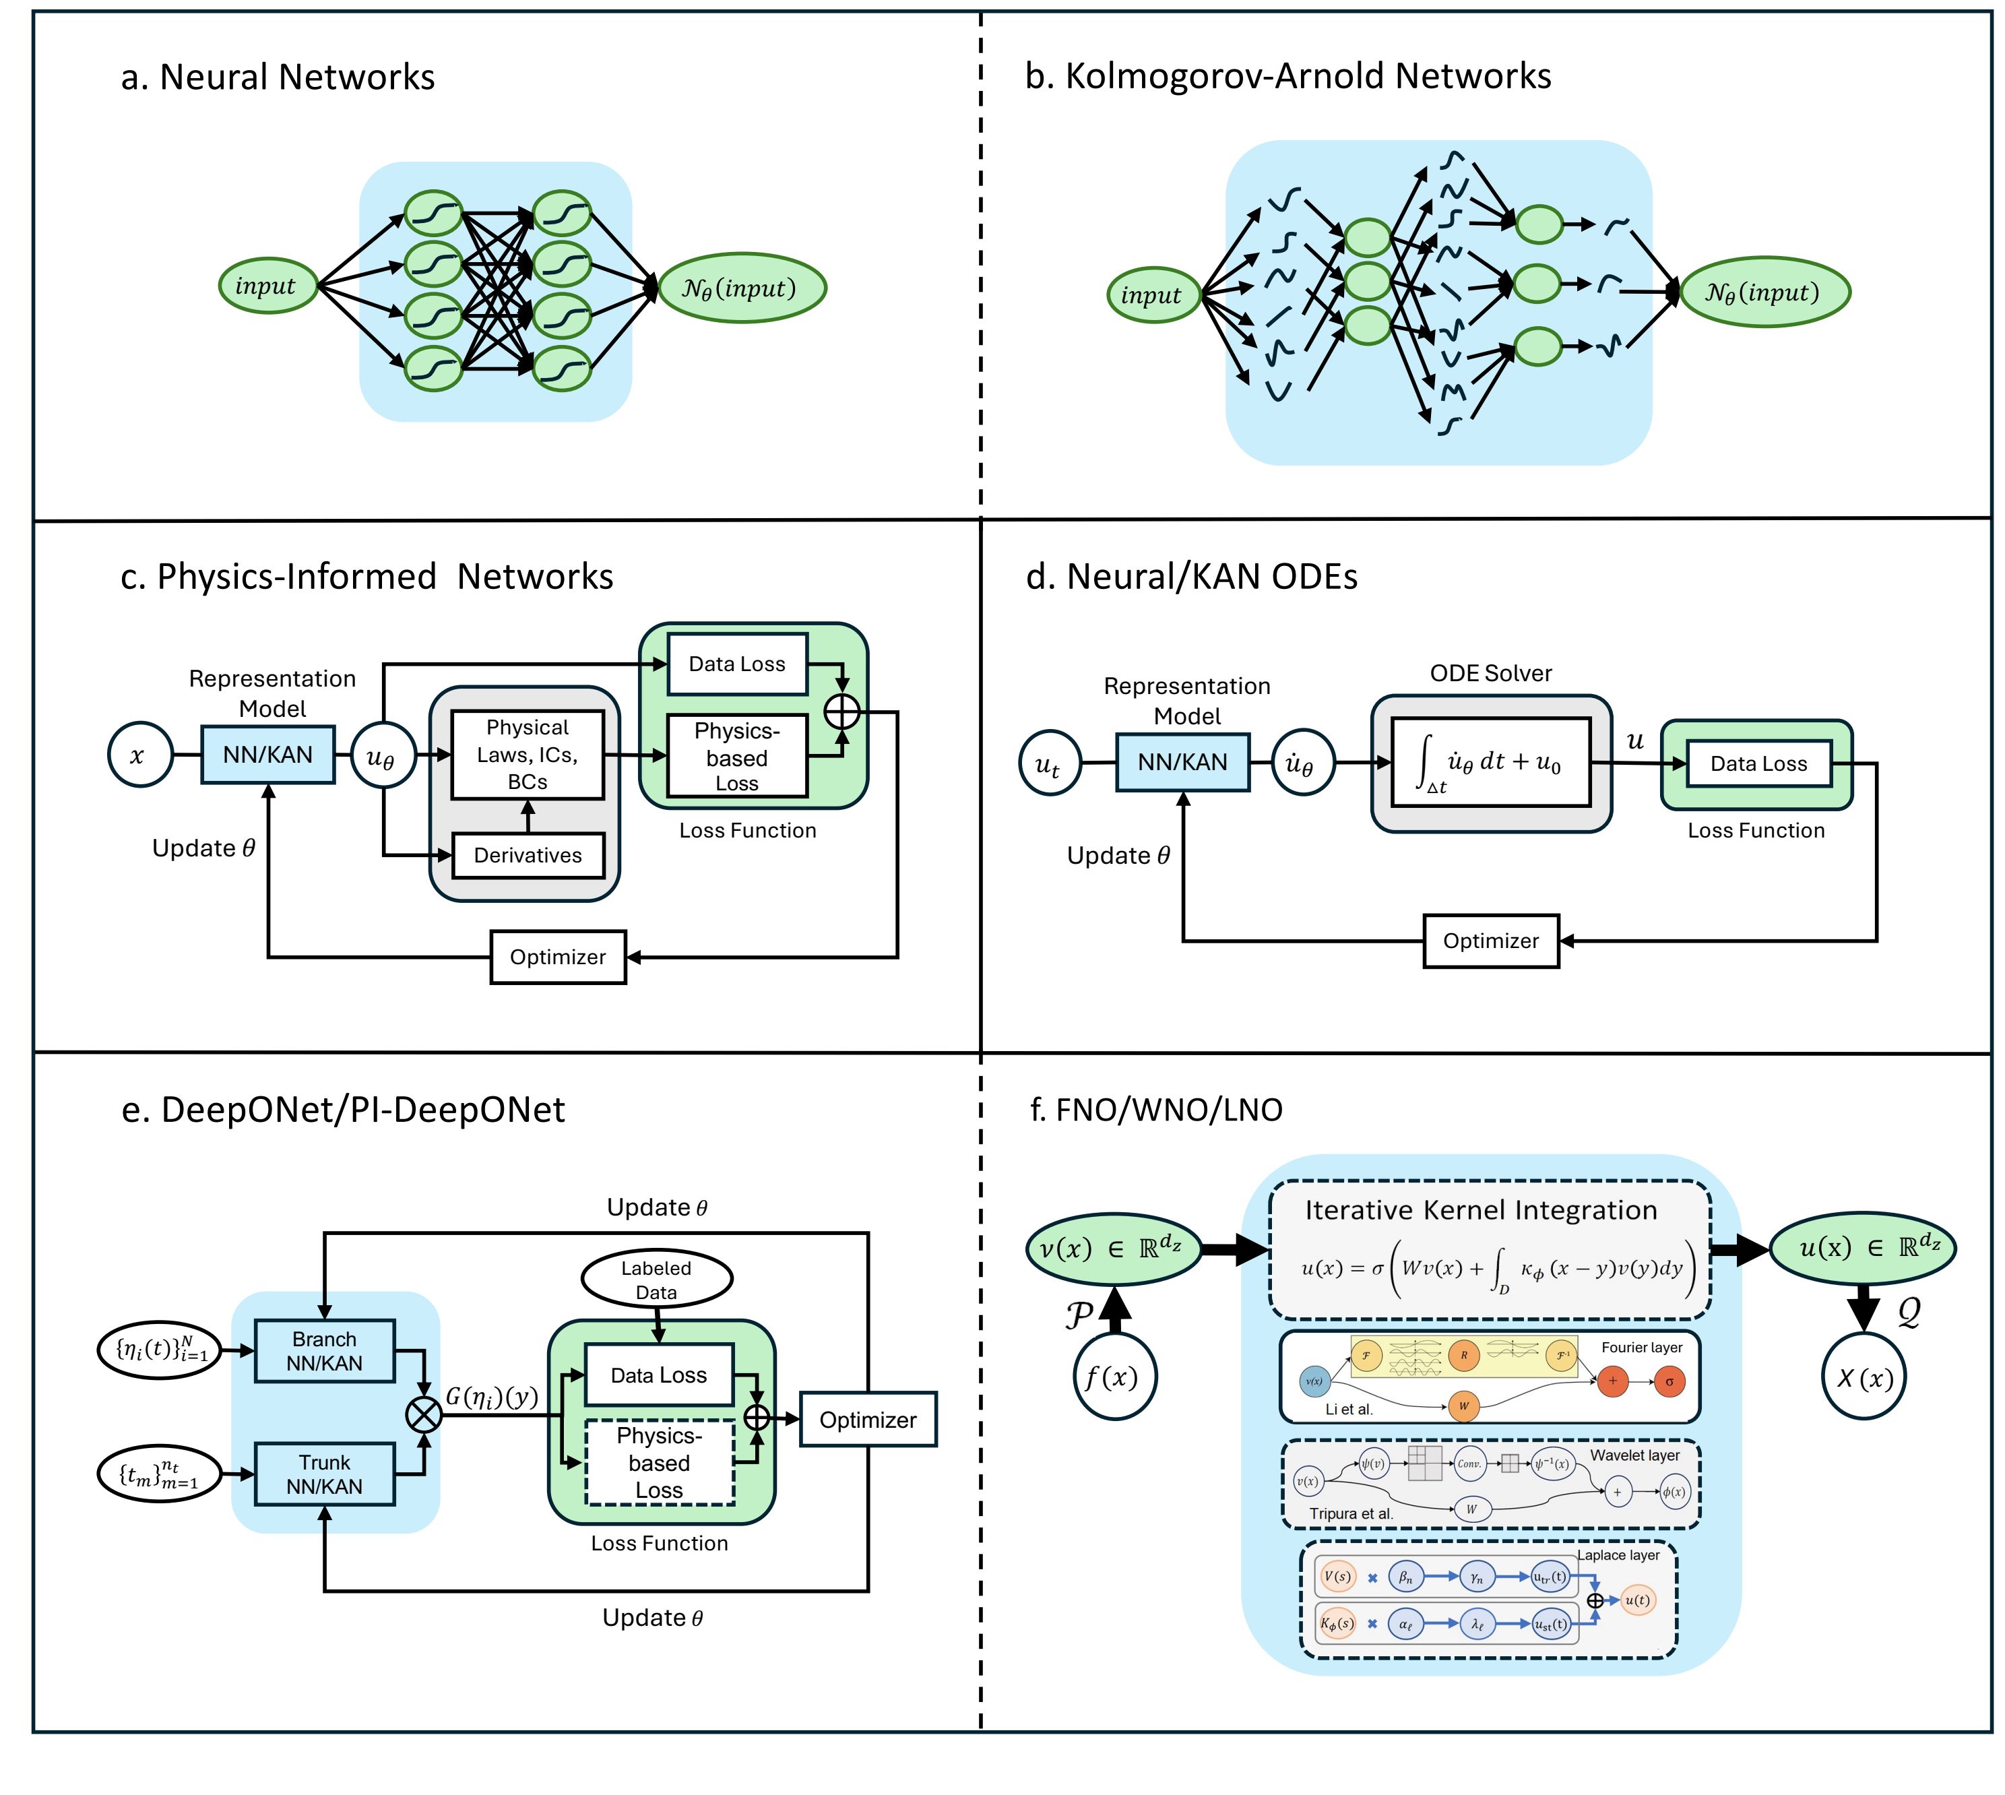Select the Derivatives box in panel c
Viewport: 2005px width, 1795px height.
528,855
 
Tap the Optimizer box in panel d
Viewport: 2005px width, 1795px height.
1490,941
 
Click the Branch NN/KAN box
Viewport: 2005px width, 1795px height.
325,1351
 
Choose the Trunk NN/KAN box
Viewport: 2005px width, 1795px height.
325,1474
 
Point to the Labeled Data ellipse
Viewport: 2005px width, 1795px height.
657,1279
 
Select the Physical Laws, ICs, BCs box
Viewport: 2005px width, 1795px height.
528,755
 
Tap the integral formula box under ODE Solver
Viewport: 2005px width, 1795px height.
1491,762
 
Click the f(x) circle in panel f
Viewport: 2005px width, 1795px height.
1114,1377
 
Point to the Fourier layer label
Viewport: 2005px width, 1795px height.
1641,1347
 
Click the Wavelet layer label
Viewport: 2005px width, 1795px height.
1634,1455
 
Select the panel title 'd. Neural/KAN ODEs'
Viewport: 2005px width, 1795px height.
1191,577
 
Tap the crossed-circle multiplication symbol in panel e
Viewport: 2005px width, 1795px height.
424,1415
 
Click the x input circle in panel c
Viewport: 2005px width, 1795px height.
140,755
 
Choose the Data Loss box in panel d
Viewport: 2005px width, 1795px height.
1758,763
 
